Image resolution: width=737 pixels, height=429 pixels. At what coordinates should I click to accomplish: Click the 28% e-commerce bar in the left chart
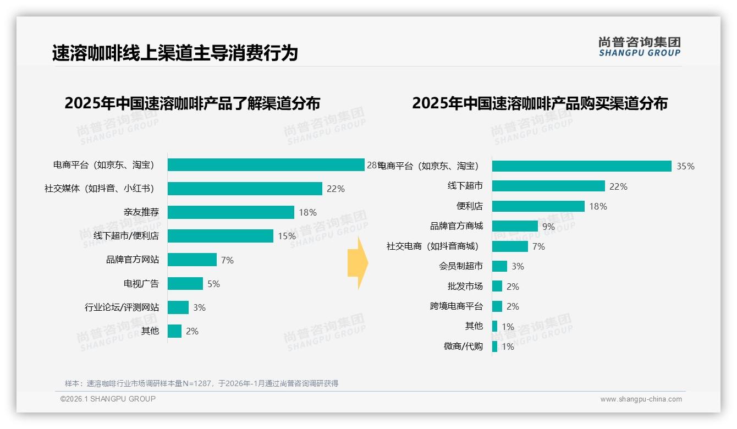[266, 165]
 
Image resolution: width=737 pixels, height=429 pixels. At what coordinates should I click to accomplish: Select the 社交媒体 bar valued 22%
[245, 189]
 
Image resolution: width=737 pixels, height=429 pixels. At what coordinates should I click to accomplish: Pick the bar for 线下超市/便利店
[220, 236]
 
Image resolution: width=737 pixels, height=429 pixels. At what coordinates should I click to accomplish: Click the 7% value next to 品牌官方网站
[227, 260]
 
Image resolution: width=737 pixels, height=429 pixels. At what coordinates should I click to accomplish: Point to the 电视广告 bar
[185, 284]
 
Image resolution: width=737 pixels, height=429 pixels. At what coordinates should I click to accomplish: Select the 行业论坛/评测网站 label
[122, 307]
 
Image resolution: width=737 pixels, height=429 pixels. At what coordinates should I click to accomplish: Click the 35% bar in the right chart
[581, 166]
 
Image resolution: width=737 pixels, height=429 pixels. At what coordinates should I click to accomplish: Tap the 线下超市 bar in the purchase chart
[548, 186]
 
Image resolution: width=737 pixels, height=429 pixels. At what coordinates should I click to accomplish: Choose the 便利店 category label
[469, 206]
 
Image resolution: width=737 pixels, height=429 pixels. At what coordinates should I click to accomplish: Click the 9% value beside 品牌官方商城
[548, 227]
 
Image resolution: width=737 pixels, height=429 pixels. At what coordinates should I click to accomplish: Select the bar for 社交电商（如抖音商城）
[510, 246]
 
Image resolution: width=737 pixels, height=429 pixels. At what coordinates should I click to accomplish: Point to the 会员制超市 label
[460, 266]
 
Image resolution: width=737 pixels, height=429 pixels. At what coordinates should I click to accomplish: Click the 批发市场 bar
[497, 287]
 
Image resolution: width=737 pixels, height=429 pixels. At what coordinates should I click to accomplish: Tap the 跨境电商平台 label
[456, 306]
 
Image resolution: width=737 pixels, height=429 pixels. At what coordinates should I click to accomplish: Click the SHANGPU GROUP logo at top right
[639, 47]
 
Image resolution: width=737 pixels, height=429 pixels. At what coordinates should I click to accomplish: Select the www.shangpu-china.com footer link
[641, 399]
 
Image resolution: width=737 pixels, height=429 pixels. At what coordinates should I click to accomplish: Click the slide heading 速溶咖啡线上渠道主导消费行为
[175, 53]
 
